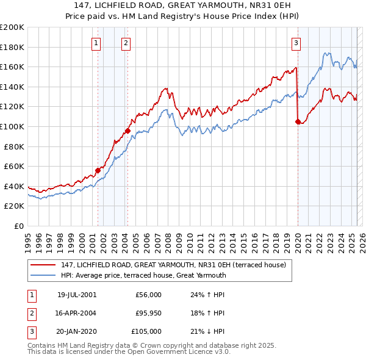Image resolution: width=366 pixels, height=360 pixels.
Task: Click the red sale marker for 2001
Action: pyautogui.click(x=98, y=171)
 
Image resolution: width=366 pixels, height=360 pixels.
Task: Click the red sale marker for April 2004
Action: pyautogui.click(x=127, y=131)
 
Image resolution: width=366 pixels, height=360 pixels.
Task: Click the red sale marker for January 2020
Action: pyautogui.click(x=298, y=122)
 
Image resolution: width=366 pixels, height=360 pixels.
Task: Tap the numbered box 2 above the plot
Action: pyautogui.click(x=126, y=43)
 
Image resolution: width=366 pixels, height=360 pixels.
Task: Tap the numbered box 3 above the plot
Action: pyautogui.click(x=296, y=43)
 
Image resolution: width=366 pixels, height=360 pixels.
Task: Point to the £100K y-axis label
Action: pyautogui.click(x=12, y=126)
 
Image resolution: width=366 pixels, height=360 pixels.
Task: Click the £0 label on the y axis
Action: pyautogui.click(x=19, y=226)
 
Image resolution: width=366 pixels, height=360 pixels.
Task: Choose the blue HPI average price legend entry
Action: pyautogui.click(x=143, y=275)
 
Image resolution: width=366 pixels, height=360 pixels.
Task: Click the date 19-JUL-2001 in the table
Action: pyautogui.click(x=77, y=295)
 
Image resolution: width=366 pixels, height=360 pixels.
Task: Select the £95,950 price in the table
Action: pyautogui.click(x=149, y=313)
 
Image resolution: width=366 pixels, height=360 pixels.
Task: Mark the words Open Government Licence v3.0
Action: pyautogui.click(x=182, y=351)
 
